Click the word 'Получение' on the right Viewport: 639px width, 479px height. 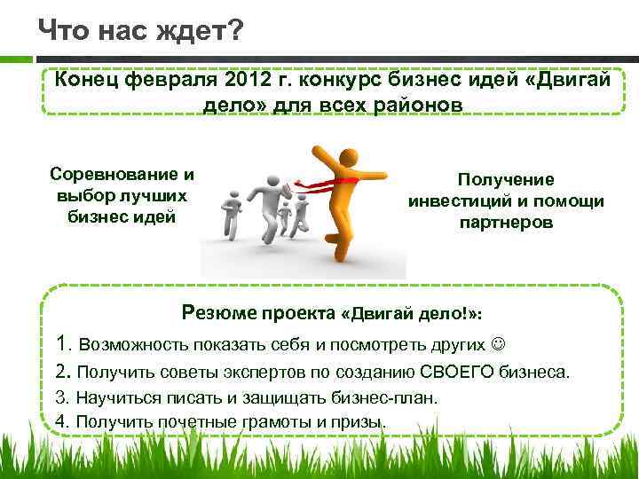click(x=506, y=180)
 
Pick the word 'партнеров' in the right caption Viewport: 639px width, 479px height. click(x=506, y=223)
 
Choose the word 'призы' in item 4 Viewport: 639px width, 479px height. click(x=365, y=420)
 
